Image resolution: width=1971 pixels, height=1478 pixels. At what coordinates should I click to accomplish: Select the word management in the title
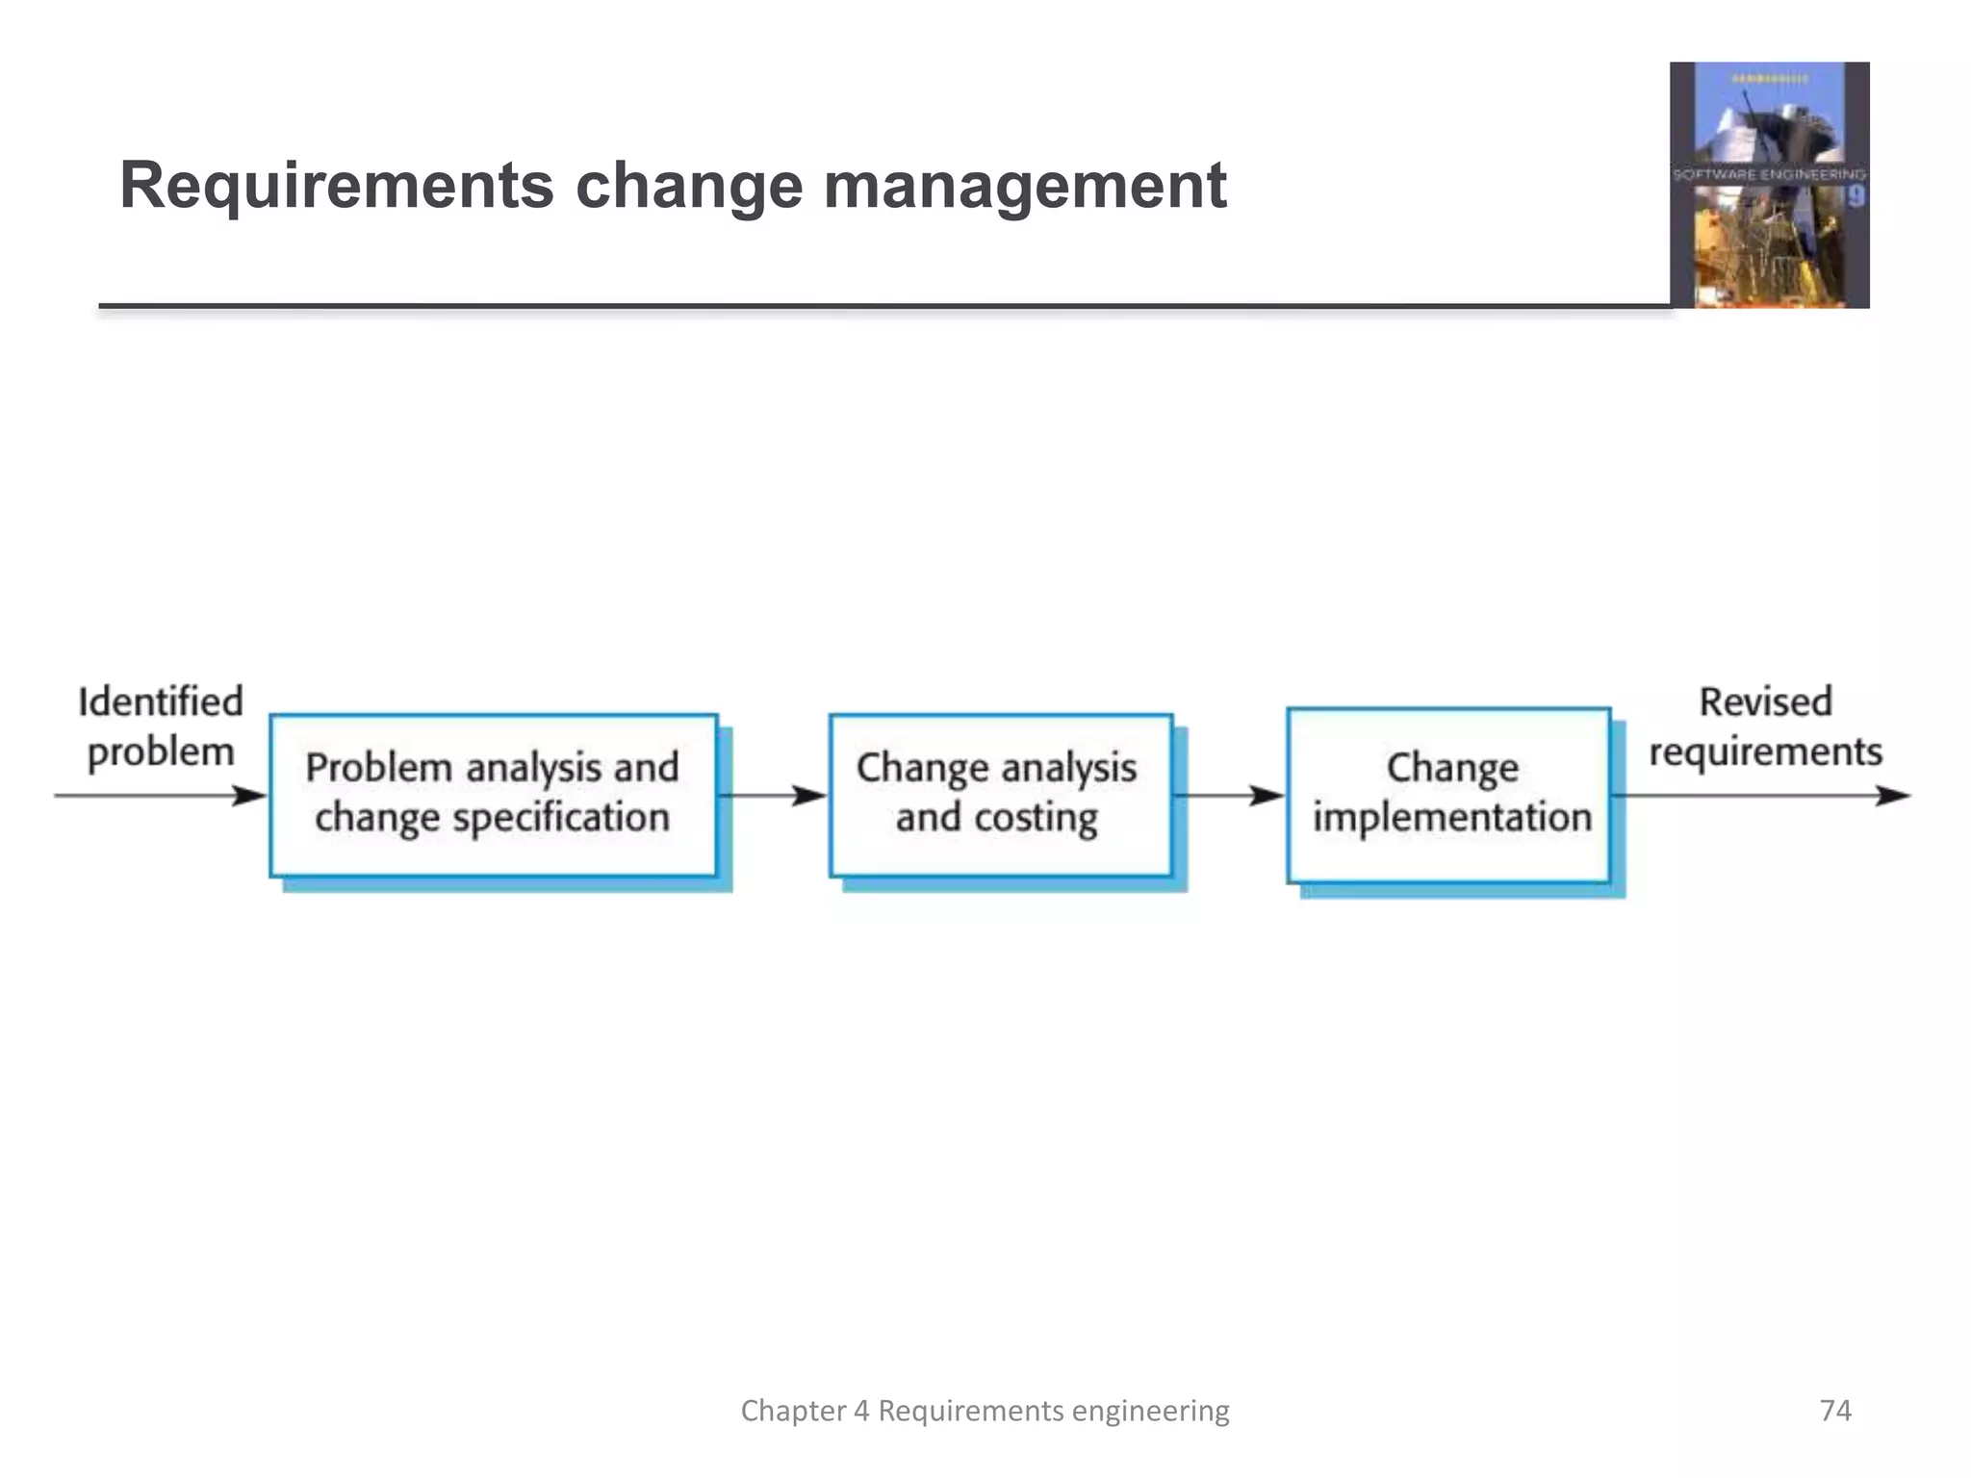point(1025,187)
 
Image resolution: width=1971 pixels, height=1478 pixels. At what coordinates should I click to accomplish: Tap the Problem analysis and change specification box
point(493,795)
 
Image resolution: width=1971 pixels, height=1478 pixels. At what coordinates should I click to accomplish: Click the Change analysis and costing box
point(999,795)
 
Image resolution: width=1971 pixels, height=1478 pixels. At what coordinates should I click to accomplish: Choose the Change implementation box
point(1448,795)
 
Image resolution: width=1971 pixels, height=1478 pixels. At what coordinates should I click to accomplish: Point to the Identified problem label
point(161,727)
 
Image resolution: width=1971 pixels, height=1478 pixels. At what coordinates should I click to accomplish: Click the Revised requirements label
point(1765,727)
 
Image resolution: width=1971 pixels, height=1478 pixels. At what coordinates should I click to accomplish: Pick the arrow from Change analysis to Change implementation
point(1228,796)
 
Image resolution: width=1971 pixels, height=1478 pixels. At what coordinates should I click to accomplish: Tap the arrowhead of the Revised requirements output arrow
point(1893,796)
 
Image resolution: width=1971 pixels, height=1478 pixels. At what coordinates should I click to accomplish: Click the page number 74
point(1835,1411)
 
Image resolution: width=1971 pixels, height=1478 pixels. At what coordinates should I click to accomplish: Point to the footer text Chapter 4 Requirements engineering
point(985,1411)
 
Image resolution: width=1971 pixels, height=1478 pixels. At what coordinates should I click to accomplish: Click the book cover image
point(1769,185)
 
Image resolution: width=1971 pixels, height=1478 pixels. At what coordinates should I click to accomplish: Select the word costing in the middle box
point(1036,819)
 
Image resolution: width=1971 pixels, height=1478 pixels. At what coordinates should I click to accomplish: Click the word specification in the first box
point(561,819)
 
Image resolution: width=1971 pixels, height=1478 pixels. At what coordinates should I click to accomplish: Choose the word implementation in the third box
point(1452,819)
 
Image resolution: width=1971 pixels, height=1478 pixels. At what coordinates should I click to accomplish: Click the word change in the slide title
point(689,187)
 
